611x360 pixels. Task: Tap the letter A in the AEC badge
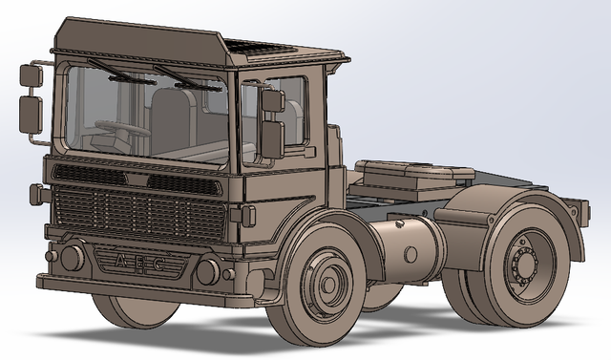pos(118,261)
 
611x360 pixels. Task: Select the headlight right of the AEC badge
pos(207,271)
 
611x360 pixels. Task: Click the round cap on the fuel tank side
pos(411,255)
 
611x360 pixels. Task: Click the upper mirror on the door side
pos(272,100)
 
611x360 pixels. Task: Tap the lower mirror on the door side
pos(272,138)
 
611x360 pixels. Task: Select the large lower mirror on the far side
pos(32,113)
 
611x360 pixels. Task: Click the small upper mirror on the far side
pos(31,74)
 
